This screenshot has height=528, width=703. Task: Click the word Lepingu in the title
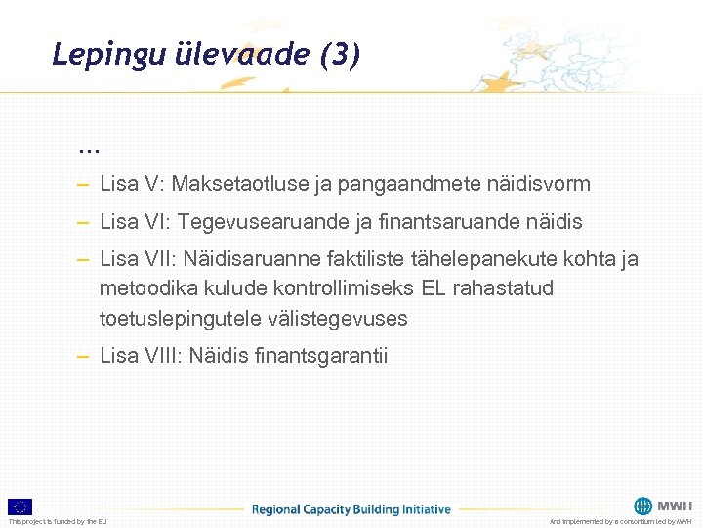[x=95, y=55]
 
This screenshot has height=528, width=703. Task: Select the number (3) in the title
[x=340, y=55]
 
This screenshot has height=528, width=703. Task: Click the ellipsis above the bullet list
[x=89, y=149]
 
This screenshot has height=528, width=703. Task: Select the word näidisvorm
[x=543, y=184]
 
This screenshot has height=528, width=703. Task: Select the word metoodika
[x=143, y=289]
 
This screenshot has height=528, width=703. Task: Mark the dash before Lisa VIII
[x=86, y=356]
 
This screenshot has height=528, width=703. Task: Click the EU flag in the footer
[x=20, y=506]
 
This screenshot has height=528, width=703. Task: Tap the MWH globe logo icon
[x=642, y=506]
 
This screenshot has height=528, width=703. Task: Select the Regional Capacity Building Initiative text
[x=351, y=509]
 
